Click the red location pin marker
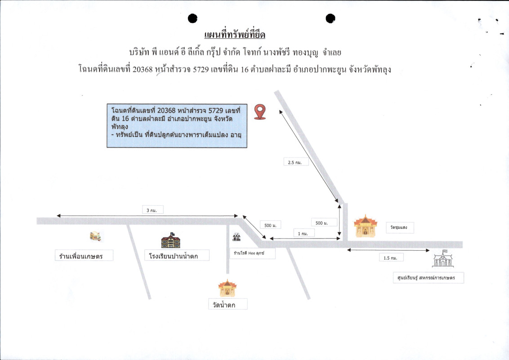(x=260, y=112)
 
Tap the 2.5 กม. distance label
(x=295, y=162)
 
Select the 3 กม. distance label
(x=152, y=210)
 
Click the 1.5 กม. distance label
(x=390, y=258)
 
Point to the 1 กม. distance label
(x=303, y=234)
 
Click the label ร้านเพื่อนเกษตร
(x=81, y=256)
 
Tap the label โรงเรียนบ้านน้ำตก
(x=174, y=256)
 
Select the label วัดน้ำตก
(x=224, y=305)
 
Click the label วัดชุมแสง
(x=399, y=227)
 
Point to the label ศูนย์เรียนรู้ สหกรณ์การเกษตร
(x=426, y=278)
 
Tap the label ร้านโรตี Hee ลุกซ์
(x=249, y=253)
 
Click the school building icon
(x=171, y=240)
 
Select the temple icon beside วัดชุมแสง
(x=366, y=226)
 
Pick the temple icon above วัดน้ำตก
(x=227, y=288)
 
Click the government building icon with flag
(x=443, y=258)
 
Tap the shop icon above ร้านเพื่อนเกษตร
(x=95, y=236)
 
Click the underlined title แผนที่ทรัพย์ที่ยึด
(x=235, y=35)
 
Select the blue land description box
(x=177, y=126)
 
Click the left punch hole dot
(x=192, y=18)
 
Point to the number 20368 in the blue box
(x=166, y=110)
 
